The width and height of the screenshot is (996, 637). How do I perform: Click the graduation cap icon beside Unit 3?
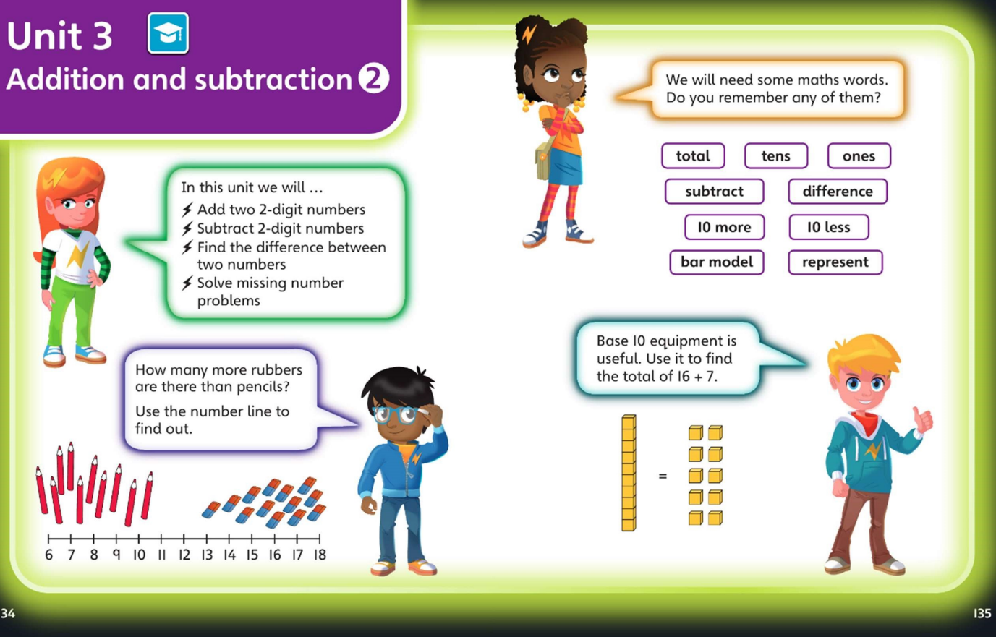pyautogui.click(x=168, y=33)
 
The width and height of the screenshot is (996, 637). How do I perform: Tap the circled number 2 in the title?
pyautogui.click(x=374, y=79)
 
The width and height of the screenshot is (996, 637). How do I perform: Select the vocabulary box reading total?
pyautogui.click(x=693, y=155)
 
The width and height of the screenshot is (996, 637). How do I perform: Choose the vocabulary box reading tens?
pyautogui.click(x=776, y=155)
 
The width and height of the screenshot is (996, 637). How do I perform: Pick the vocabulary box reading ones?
pyautogui.click(x=859, y=155)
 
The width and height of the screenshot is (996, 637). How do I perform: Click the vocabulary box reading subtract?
pyautogui.click(x=714, y=191)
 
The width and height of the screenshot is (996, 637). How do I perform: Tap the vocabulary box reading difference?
pyautogui.click(x=838, y=191)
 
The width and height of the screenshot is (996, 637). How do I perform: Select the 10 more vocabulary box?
pyautogui.click(x=724, y=227)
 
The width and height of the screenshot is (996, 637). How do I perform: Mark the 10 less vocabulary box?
pyautogui.click(x=829, y=227)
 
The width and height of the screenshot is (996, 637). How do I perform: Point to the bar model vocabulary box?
pyautogui.click(x=717, y=262)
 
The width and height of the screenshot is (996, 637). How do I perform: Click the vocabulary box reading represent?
pyautogui.click(x=835, y=262)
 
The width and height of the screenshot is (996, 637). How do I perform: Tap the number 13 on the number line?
pyautogui.click(x=207, y=555)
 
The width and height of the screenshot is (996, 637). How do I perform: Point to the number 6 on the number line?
pyautogui.click(x=49, y=555)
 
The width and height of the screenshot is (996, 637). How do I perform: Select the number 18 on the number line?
pyautogui.click(x=320, y=555)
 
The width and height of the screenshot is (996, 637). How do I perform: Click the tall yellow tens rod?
pyautogui.click(x=629, y=473)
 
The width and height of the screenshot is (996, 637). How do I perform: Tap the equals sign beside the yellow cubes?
pyautogui.click(x=663, y=476)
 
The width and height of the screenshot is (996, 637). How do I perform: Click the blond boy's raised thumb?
pyautogui.click(x=922, y=419)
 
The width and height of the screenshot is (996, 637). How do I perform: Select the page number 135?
pyautogui.click(x=982, y=613)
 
